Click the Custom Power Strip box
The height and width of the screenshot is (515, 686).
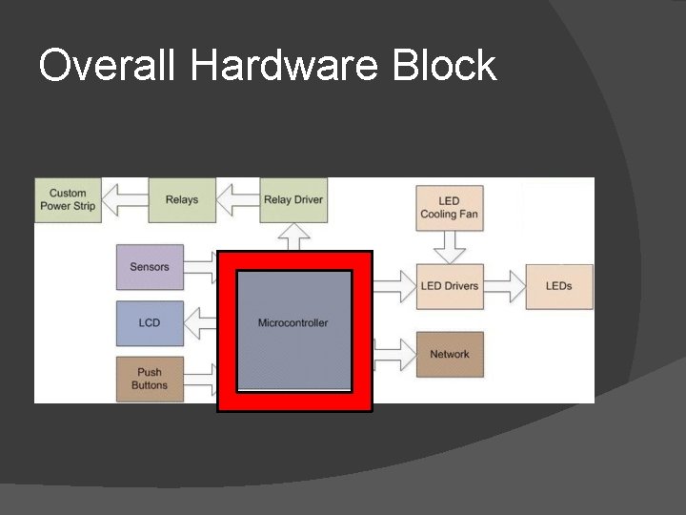click(x=72, y=199)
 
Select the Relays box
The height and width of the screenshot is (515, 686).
click(x=181, y=199)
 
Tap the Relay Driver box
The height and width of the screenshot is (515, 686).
click(x=293, y=199)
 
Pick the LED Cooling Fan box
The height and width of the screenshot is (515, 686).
click(x=449, y=208)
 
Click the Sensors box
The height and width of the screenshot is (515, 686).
click(x=150, y=267)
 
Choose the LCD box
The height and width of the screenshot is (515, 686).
click(x=150, y=323)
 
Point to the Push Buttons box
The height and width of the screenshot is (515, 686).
click(x=150, y=379)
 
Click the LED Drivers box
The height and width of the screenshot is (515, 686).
click(x=449, y=286)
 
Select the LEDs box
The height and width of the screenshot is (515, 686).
click(x=559, y=286)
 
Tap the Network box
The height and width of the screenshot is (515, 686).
click(x=449, y=354)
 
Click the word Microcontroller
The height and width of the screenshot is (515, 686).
click(x=293, y=323)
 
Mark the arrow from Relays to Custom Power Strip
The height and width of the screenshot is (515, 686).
click(x=126, y=200)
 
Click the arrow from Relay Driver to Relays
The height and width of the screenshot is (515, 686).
click(x=238, y=200)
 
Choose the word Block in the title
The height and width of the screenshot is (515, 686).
click(x=447, y=66)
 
